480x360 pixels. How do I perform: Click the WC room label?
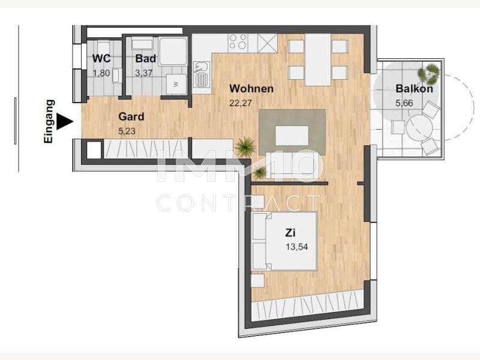pyautogui.click(x=101, y=58)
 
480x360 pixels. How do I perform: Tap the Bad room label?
pyautogui.click(x=146, y=58)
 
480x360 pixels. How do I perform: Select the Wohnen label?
pyautogui.click(x=251, y=89)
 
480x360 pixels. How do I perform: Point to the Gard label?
pyautogui.click(x=131, y=116)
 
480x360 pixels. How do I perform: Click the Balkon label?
pyautogui.click(x=414, y=89)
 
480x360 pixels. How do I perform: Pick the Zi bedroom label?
pyautogui.click(x=290, y=233)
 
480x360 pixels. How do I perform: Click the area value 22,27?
pyautogui.click(x=241, y=103)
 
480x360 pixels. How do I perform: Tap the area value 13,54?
pyautogui.click(x=296, y=247)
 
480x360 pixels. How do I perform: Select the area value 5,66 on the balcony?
pyautogui.click(x=404, y=103)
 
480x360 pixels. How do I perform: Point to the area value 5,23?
pyautogui.click(x=127, y=131)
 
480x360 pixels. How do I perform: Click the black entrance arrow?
pyautogui.click(x=65, y=122)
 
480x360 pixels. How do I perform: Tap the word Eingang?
pyautogui.click(x=49, y=121)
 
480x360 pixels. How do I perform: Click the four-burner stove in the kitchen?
pyautogui.click(x=238, y=42)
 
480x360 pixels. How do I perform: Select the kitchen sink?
pyautogui.click(x=202, y=74)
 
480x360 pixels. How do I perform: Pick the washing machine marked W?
pyautogui.click(x=176, y=84)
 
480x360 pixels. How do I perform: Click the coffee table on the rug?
pyautogui.click(x=292, y=136)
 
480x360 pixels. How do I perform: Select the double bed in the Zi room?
pyautogui.click(x=284, y=241)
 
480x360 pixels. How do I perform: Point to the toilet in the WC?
pyautogui.click(x=116, y=76)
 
